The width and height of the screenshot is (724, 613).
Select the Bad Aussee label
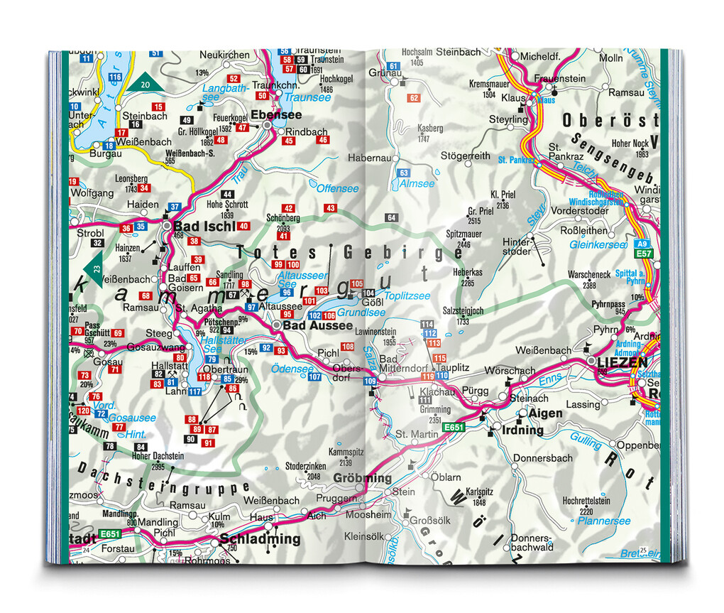(317, 325)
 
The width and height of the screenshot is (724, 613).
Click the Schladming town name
(260, 539)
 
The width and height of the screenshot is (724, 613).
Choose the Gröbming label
(362, 478)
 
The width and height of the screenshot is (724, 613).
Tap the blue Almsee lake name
(416, 183)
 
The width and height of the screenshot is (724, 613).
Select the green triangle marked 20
(145, 85)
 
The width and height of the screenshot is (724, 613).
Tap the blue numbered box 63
(403, 173)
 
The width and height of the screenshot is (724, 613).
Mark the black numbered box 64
(391, 217)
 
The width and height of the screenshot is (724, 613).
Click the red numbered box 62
(415, 98)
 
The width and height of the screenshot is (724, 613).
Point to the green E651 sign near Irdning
(454, 428)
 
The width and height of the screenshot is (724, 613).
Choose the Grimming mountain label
(434, 410)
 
